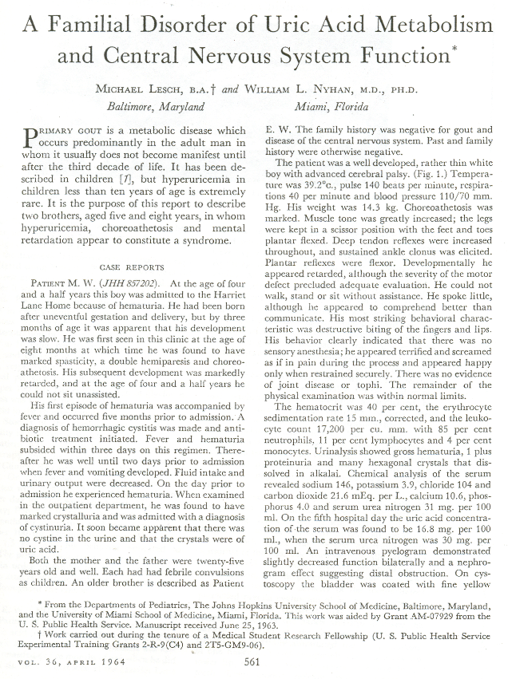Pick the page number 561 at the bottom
point(253,660)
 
